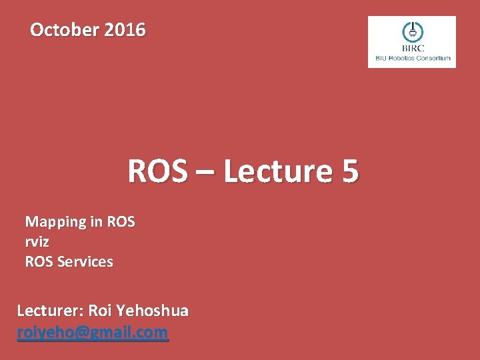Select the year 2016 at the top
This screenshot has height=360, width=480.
point(125,30)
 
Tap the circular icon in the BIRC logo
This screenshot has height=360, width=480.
point(411,31)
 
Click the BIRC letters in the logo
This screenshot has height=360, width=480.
point(411,48)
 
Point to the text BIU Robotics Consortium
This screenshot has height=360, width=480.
point(413,58)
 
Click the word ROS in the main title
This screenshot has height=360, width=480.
point(157,171)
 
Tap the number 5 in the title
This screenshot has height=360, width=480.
point(350,171)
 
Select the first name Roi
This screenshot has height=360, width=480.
point(100,311)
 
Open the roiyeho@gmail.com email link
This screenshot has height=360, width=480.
point(93,332)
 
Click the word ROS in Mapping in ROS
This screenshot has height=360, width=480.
point(120,222)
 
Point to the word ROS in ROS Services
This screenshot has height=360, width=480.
point(39,262)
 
